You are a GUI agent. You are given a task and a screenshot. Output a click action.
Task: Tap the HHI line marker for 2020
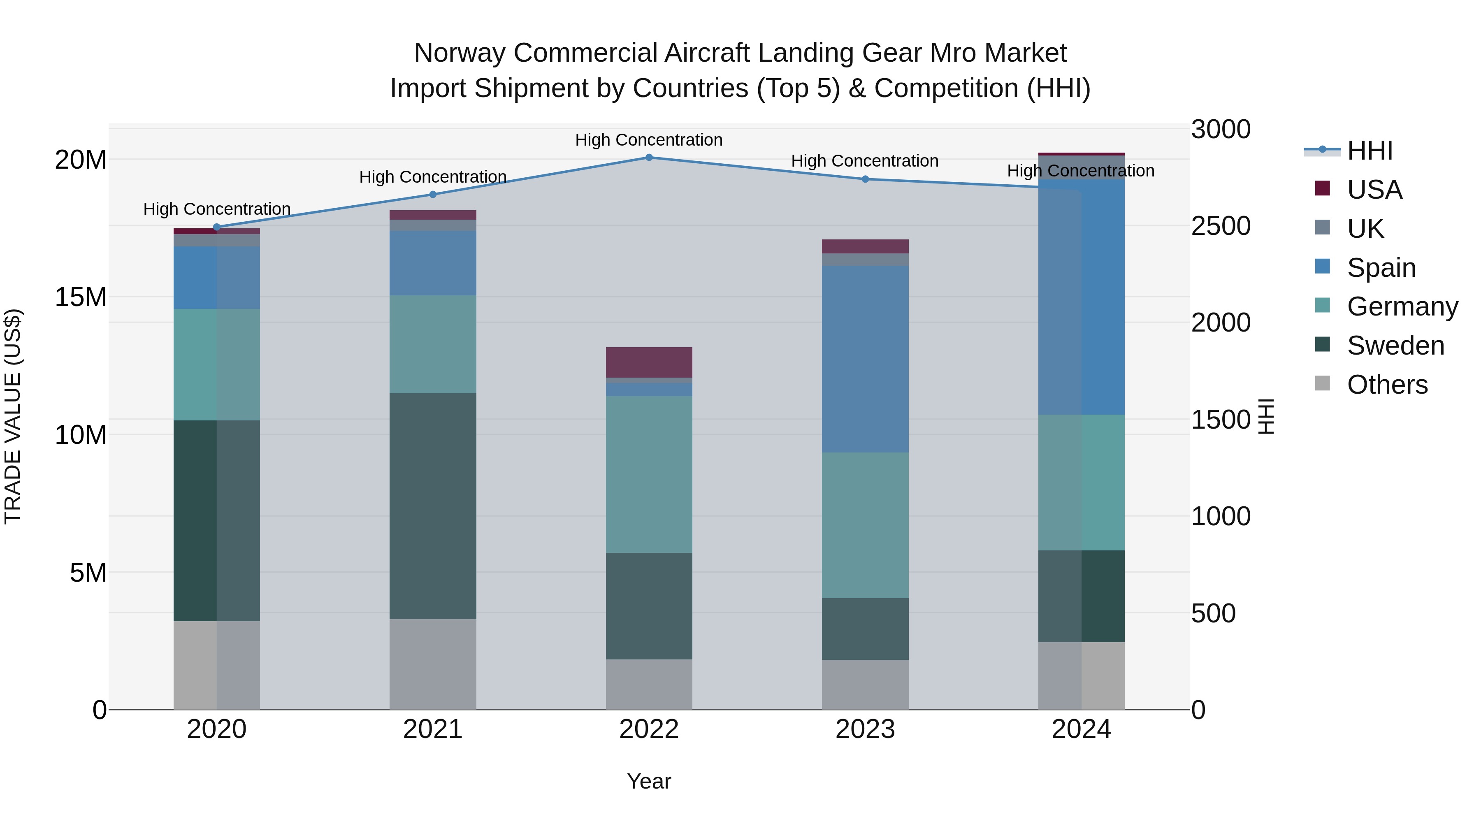point(217,227)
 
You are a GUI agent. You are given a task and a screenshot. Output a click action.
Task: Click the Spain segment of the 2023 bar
point(865,359)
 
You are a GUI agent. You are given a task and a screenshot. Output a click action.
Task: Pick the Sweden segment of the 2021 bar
point(432,506)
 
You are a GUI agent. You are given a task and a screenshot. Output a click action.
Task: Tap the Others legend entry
point(1387,385)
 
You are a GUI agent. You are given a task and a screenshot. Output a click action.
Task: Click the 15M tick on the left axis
point(81,297)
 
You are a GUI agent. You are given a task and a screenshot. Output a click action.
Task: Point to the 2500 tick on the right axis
point(1220,226)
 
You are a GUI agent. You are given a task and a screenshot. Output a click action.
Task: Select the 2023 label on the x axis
point(865,729)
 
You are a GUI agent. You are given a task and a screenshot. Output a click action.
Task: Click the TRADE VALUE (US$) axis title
point(13,416)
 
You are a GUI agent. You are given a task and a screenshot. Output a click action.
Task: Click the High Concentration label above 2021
point(432,176)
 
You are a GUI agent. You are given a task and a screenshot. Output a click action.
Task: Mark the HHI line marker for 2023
point(865,179)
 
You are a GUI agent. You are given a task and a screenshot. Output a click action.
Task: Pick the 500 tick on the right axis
point(1213,613)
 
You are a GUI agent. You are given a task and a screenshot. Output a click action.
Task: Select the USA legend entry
point(1374,190)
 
